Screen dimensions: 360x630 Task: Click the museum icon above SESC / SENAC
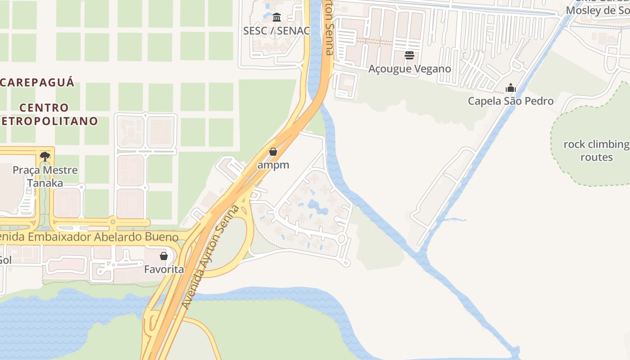point(277,18)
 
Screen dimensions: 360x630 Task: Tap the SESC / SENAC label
point(276,31)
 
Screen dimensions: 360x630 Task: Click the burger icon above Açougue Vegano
point(409,55)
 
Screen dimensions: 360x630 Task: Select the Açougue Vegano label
point(409,69)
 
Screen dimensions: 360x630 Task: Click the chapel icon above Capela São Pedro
point(510,87)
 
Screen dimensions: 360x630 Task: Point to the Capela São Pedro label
point(510,101)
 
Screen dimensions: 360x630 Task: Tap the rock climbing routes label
point(596,151)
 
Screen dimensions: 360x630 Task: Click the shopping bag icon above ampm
point(273,152)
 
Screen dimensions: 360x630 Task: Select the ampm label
point(273,165)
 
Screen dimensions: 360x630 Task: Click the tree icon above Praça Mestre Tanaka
point(45,157)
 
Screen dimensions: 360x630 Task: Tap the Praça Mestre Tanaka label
point(45,176)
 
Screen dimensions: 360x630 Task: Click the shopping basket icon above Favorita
point(164,256)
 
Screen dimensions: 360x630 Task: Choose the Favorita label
point(164,270)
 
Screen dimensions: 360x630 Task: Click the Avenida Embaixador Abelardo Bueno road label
point(90,237)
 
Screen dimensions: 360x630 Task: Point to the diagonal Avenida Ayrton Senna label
point(210,257)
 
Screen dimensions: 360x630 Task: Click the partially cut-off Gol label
point(5,260)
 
